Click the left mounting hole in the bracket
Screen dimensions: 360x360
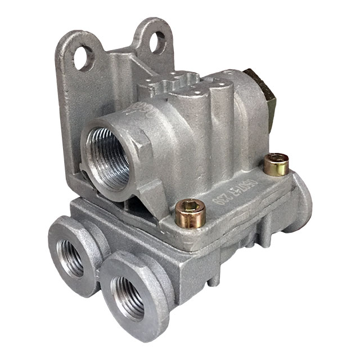coord(84,57)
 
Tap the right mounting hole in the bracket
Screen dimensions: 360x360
coord(159,42)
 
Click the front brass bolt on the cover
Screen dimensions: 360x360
coord(190,214)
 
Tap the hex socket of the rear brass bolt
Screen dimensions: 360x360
coord(276,160)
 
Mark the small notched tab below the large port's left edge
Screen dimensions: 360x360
coord(84,169)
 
